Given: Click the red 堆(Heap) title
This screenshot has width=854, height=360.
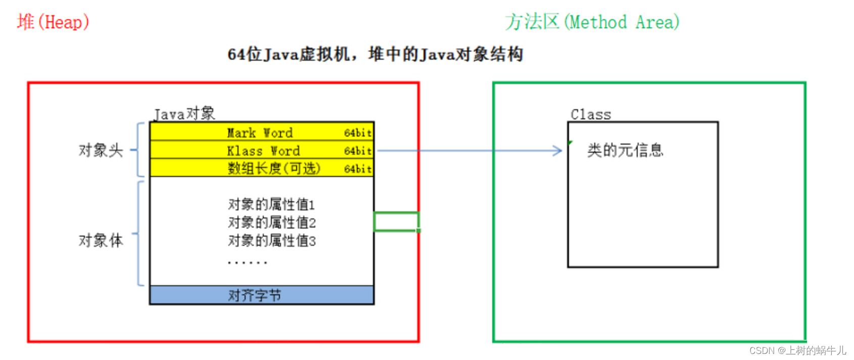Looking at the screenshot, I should point(53,22).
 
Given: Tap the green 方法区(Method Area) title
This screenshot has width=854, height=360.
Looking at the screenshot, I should point(592,22).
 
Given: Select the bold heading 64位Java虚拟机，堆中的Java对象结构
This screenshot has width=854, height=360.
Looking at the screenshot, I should point(375,54).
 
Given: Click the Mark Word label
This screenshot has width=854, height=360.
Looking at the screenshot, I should point(260,133).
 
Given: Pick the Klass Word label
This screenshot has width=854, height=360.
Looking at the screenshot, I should point(263,151).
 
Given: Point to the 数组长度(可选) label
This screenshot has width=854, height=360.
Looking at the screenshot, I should point(274,168).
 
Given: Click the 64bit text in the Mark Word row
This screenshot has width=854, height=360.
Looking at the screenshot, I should point(358,133).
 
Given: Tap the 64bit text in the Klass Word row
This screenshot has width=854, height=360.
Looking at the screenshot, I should point(358,151).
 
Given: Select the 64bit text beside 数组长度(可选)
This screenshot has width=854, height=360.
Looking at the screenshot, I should point(358,169).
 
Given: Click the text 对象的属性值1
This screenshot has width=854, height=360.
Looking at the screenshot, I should point(271,204).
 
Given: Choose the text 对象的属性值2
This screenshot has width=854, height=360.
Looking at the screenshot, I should point(272,222).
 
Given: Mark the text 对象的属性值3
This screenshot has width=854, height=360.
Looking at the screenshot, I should point(272,241).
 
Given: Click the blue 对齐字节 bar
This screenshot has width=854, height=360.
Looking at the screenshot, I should point(262,295).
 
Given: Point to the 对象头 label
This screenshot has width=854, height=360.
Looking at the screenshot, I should point(101,150).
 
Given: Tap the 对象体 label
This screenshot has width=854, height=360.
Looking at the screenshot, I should point(101,240).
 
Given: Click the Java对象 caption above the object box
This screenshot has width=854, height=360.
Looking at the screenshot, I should point(184,114).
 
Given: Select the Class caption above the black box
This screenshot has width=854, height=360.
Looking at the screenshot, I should point(591,115).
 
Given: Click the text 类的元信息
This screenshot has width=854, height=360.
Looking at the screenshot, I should point(625,150).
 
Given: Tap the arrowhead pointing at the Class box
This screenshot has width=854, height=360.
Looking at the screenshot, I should point(558,151).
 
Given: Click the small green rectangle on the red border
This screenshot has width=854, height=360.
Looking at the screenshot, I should point(396,221).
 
